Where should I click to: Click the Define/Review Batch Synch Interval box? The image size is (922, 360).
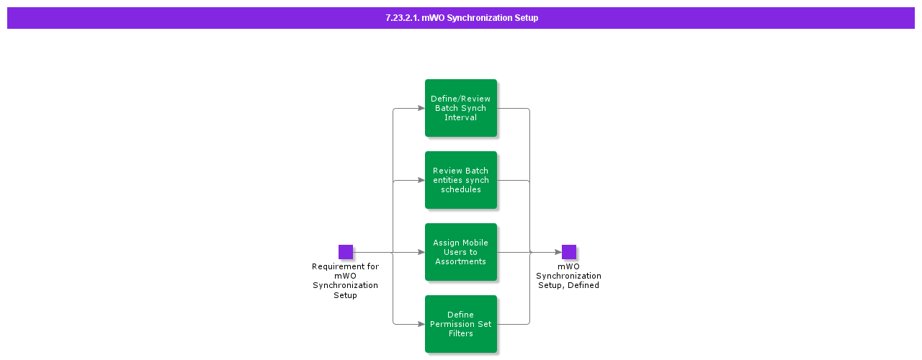point(461,108)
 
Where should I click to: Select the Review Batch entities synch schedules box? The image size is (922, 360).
point(461,180)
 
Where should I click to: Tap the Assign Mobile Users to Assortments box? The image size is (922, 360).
point(461,252)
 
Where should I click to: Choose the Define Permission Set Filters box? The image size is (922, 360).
point(461,324)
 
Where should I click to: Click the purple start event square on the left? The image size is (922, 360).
point(346,252)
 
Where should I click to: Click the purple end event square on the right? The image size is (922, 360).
point(569,252)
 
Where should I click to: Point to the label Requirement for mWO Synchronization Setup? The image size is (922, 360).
point(346,281)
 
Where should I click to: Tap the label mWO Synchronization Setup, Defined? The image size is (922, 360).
point(569,276)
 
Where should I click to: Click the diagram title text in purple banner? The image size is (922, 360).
point(462,18)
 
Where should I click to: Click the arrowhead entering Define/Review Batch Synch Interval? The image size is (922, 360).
point(421,108)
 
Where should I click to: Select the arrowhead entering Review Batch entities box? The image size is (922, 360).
point(421,180)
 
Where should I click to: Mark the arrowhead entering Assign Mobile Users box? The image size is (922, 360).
point(421,252)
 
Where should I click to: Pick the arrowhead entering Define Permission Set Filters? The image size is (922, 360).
point(421,324)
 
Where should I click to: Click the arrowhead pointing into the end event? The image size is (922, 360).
point(558,252)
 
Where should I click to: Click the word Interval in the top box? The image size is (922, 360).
point(461,117)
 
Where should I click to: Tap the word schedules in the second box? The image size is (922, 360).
point(461,189)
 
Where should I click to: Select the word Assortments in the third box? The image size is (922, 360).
point(461,261)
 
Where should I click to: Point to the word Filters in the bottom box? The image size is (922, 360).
point(461,333)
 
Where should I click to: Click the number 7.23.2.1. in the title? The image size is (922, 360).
point(403,18)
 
